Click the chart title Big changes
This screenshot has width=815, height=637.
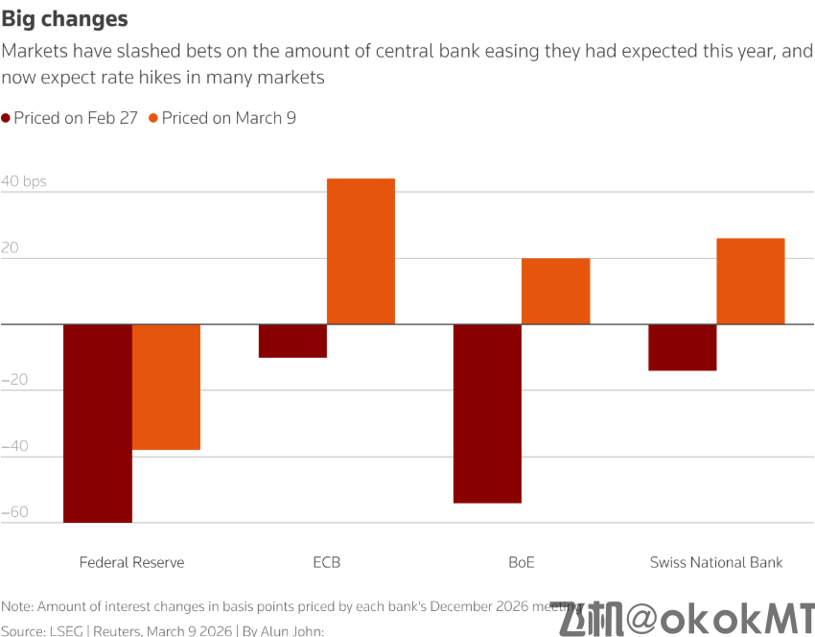click(64, 19)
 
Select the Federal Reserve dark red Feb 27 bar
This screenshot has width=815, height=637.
click(98, 423)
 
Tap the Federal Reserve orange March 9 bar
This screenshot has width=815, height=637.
click(166, 387)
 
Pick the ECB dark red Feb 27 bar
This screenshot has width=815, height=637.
click(293, 342)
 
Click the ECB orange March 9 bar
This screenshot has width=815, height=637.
click(361, 251)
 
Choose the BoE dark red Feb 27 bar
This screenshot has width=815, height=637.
click(487, 413)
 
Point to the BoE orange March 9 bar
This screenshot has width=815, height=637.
click(555, 291)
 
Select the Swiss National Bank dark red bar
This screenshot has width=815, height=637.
click(683, 347)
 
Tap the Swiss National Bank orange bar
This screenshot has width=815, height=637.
click(750, 281)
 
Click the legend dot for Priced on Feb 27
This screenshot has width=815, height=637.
click(6, 119)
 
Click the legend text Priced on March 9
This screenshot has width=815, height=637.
click(228, 118)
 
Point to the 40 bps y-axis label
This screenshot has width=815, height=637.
click(23, 181)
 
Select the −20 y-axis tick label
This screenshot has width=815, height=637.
click(15, 380)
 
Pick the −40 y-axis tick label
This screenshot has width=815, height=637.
click(15, 446)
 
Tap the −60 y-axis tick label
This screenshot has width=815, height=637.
click(15, 511)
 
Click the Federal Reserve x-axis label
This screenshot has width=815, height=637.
click(131, 562)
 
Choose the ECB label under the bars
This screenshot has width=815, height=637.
click(326, 562)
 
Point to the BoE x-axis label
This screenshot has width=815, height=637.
click(522, 562)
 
